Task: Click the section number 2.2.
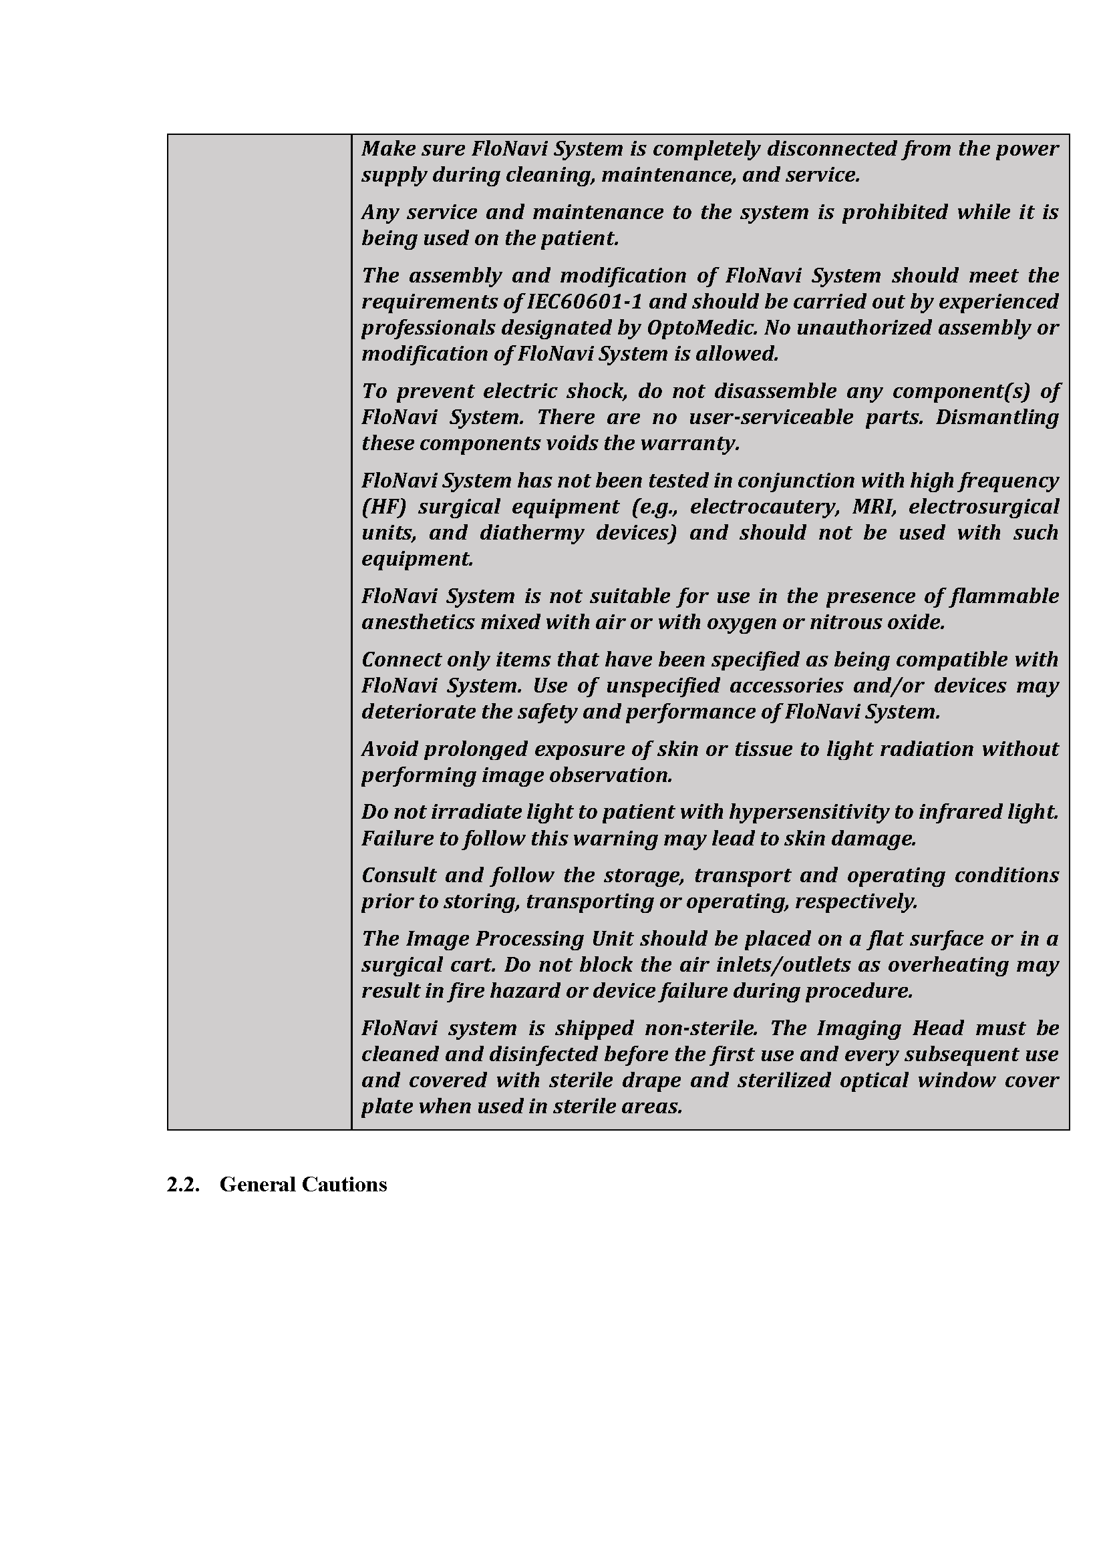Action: (x=183, y=1185)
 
